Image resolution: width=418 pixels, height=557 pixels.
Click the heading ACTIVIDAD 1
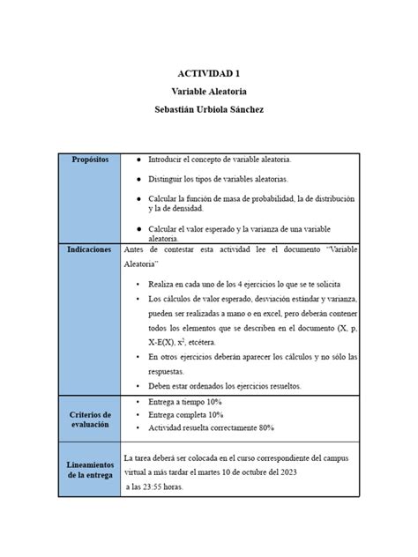tap(208, 75)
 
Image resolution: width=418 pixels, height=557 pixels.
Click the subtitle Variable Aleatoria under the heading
tap(208, 92)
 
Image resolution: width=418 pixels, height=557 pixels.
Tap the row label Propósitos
tap(91, 160)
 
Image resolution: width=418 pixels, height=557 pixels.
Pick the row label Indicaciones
tap(89, 249)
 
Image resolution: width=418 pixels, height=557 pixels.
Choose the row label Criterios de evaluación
tap(89, 419)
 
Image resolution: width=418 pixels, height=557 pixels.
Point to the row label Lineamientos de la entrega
tap(89, 470)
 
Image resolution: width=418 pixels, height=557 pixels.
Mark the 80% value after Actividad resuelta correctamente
tap(266, 427)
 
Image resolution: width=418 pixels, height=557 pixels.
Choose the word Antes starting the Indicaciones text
tap(135, 249)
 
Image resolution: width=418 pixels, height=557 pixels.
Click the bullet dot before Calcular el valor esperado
tap(138, 228)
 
